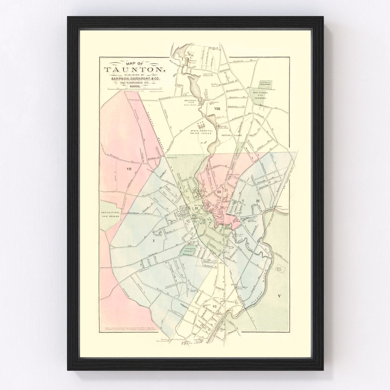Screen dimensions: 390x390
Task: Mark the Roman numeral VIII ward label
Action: coord(217,108)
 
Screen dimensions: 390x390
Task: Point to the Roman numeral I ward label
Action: coord(153,240)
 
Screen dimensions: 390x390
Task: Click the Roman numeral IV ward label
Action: coord(258,200)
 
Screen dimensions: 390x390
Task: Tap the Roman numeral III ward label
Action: coord(218,192)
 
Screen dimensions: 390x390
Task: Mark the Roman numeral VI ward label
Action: coord(215,307)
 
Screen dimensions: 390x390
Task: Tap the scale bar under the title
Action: coord(134,88)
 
